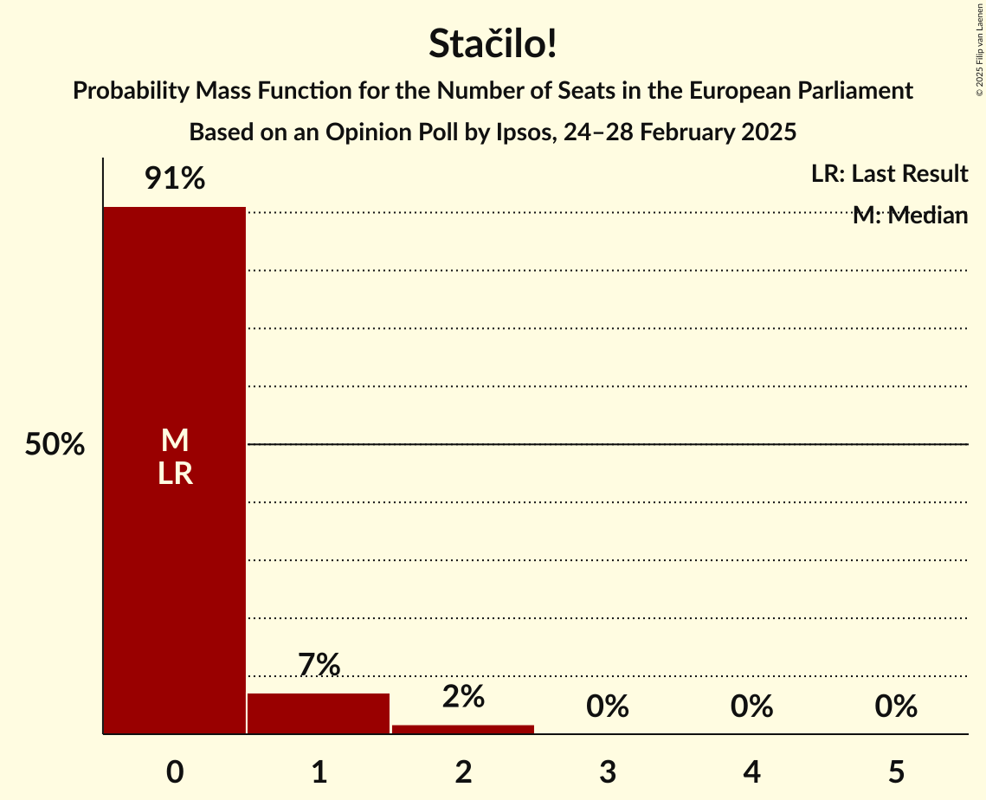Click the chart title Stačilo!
click(493, 44)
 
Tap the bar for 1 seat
click(319, 713)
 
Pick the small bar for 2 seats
click(463, 729)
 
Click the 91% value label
click(175, 179)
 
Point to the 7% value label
click(319, 665)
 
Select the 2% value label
click(463, 696)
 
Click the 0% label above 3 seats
click(608, 706)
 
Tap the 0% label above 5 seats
click(896, 706)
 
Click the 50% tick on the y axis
click(55, 445)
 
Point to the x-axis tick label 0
click(175, 771)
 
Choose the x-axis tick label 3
click(608, 771)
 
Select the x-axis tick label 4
click(751, 771)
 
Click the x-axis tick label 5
click(896, 771)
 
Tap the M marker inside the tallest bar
click(175, 441)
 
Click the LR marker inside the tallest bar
click(175, 474)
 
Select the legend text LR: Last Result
click(889, 174)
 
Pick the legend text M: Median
click(910, 216)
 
